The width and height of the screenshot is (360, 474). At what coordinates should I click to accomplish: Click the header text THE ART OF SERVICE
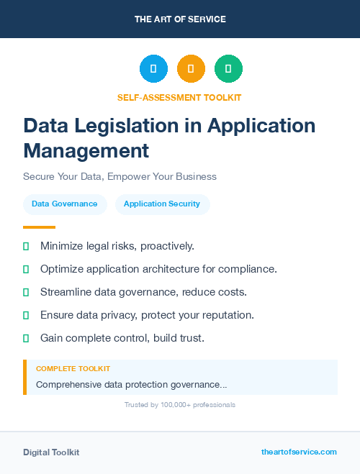tap(180, 19)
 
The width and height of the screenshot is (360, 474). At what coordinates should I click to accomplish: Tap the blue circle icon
tap(153, 69)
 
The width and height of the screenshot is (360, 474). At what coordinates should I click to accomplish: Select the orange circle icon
tap(191, 69)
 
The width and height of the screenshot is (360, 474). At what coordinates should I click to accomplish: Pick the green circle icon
tap(228, 69)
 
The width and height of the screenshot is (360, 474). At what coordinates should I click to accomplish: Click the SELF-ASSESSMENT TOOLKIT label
tap(179, 97)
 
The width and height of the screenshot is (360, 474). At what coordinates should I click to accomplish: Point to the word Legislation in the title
tap(132, 126)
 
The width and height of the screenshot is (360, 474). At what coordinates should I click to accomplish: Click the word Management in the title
tap(86, 150)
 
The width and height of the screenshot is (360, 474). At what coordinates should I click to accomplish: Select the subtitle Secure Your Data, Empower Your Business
tap(120, 176)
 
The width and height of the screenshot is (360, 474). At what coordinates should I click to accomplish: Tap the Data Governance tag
tap(65, 204)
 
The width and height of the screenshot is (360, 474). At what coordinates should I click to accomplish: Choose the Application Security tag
tap(162, 204)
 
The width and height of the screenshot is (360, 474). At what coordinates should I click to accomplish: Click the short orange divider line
tap(39, 227)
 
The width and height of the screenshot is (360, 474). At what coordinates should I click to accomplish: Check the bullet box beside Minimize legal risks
tap(26, 246)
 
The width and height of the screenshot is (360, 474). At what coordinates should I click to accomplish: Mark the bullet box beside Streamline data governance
tap(26, 292)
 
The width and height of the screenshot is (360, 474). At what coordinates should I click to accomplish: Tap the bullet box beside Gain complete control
tap(26, 338)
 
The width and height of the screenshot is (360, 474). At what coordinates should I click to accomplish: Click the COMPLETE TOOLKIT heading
tap(73, 369)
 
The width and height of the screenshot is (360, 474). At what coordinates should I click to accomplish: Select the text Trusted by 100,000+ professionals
tap(179, 405)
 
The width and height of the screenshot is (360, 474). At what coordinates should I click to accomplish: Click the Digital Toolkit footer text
tap(51, 452)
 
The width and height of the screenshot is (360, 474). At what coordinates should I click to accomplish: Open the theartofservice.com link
tap(299, 452)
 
